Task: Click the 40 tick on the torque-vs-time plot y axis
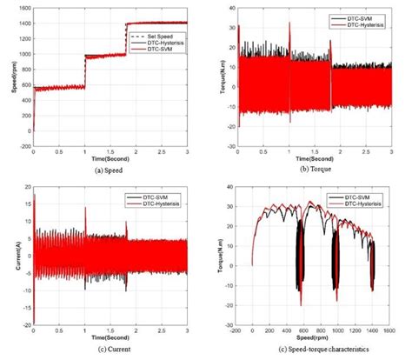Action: [x=229, y=7]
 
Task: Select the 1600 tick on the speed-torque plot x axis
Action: [x=394, y=330]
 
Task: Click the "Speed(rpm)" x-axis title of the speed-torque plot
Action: [x=315, y=339]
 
